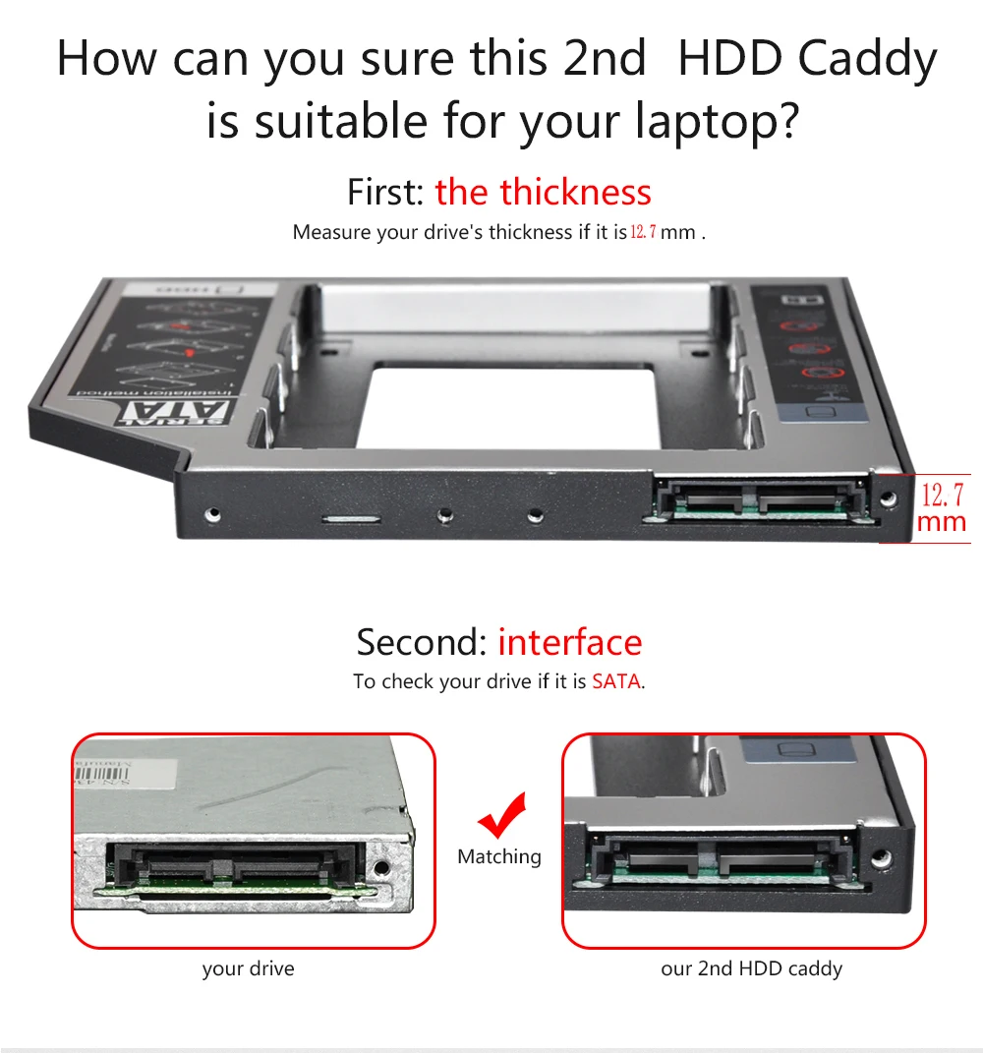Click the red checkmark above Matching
[502, 815]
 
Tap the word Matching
[499, 857]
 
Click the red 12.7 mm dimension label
[942, 506]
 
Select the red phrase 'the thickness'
[543, 192]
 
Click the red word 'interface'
[569, 642]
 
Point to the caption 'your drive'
[248, 969]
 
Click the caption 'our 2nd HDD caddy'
[751, 969]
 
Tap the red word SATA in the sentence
[616, 681]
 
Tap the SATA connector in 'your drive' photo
[237, 863]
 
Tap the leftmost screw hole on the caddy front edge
[211, 513]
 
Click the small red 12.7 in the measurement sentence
[643, 233]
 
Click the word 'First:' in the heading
[386, 192]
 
